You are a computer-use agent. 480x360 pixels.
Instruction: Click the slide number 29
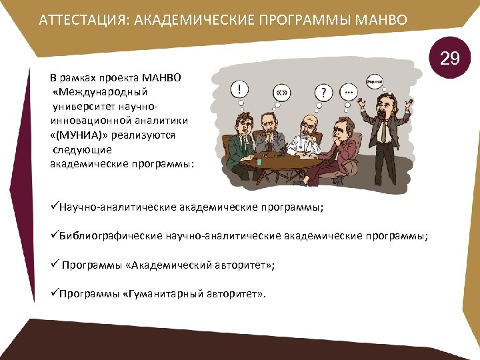[x=450, y=59]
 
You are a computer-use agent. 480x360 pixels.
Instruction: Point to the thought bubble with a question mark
[x=323, y=91]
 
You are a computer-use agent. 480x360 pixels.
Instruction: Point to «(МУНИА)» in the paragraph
[x=77, y=134]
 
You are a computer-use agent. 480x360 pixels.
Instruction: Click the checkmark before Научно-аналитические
[x=54, y=207]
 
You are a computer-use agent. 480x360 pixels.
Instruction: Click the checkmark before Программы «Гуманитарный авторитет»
[x=54, y=293]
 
